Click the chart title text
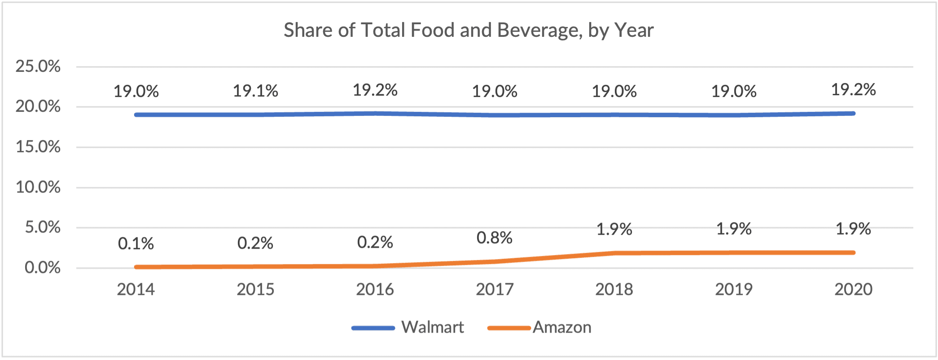click(x=469, y=31)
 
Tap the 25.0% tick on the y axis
click(x=38, y=66)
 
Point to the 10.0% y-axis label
click(x=38, y=187)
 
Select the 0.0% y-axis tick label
click(x=43, y=268)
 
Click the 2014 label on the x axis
click(x=136, y=290)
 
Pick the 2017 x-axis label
click(x=495, y=290)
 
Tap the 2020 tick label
click(x=853, y=290)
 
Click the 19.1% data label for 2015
click(x=255, y=91)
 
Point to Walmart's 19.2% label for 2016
click(x=375, y=90)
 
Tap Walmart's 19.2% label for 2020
click(x=853, y=90)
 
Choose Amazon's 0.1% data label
click(x=136, y=244)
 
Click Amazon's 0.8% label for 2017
click(x=495, y=238)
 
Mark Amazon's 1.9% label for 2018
click(x=614, y=229)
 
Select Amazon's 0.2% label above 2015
click(x=255, y=243)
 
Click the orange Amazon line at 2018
click(x=614, y=253)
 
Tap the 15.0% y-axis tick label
click(x=38, y=147)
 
